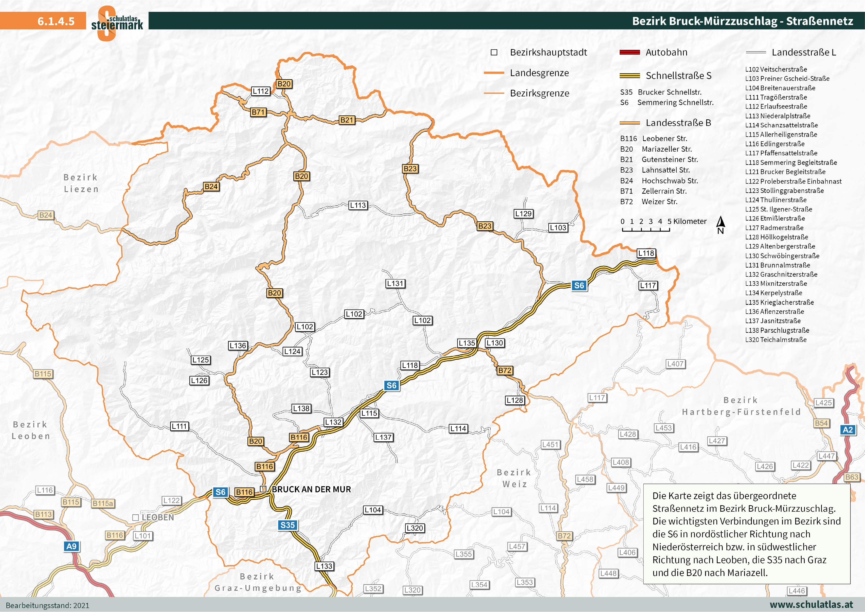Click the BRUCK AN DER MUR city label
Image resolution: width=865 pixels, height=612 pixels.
click(311, 489)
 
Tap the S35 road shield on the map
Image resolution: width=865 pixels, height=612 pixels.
click(288, 525)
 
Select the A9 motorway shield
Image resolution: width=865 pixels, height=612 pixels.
click(71, 546)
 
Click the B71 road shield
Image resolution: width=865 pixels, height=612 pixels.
click(258, 112)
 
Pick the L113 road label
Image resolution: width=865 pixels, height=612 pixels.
click(358, 205)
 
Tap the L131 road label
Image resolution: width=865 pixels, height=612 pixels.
click(395, 283)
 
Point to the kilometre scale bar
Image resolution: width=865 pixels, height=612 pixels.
click(646, 229)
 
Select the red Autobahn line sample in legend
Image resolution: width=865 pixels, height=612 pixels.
click(630, 52)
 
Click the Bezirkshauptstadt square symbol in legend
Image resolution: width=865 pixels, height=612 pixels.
click(494, 52)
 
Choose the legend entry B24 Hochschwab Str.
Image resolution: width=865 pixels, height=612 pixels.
click(659, 180)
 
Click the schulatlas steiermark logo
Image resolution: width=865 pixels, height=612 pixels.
click(117, 23)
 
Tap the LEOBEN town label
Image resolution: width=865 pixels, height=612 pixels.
click(158, 517)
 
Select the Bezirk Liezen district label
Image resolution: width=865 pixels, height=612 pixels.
click(81, 183)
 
